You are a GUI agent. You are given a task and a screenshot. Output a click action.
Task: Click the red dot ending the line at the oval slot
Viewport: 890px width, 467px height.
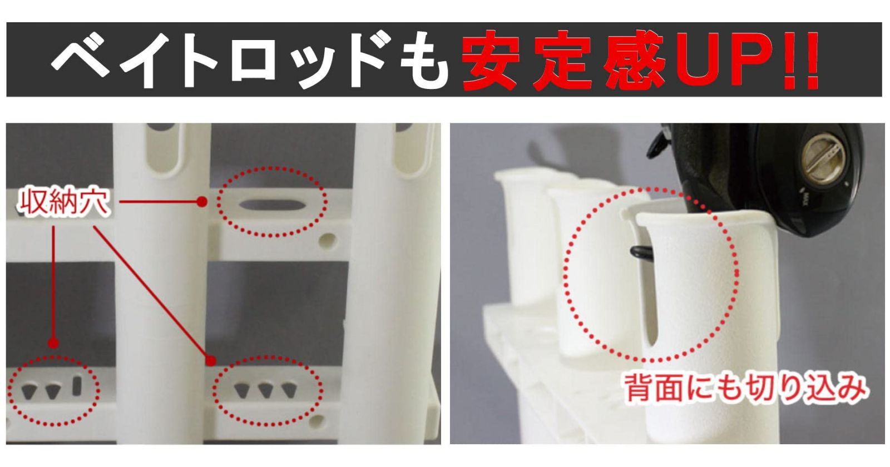coord(202,202)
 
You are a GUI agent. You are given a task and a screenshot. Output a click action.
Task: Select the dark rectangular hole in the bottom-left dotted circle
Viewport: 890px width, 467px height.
coord(77,385)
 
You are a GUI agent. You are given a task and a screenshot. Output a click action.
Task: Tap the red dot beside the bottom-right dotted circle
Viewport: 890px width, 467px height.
coord(210,361)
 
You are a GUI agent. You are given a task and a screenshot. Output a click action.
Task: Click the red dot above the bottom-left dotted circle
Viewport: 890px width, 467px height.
coord(53,343)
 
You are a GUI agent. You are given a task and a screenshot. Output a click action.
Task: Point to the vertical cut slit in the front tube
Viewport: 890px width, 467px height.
coord(651,311)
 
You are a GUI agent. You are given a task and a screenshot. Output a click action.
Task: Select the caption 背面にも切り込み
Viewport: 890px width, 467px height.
coord(744,387)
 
